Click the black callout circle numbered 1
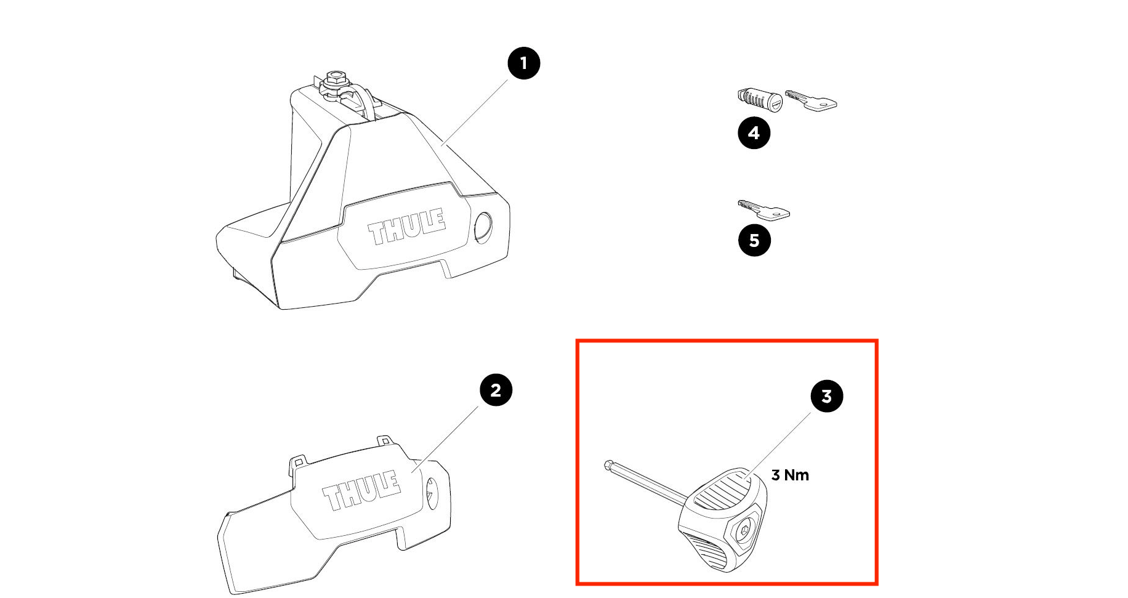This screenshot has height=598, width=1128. [x=523, y=63]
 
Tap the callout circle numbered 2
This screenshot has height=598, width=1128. [x=496, y=390]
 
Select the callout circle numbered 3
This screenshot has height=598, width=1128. [x=826, y=397]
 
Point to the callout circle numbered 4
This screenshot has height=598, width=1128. [x=754, y=133]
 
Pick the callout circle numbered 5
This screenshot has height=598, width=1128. [x=754, y=240]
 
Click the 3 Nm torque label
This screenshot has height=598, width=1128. [x=790, y=475]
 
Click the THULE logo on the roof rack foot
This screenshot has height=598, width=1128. [x=407, y=226]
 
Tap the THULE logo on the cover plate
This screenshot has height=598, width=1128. [x=361, y=490]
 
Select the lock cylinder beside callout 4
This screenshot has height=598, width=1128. [x=760, y=100]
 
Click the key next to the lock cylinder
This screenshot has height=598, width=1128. [x=812, y=100]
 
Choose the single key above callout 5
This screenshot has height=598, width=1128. [x=763, y=210]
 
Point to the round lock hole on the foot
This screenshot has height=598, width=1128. [x=483, y=228]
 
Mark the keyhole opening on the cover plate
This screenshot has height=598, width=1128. [x=432, y=494]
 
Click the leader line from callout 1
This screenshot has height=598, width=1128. [x=475, y=113]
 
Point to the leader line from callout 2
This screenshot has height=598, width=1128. [x=446, y=439]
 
